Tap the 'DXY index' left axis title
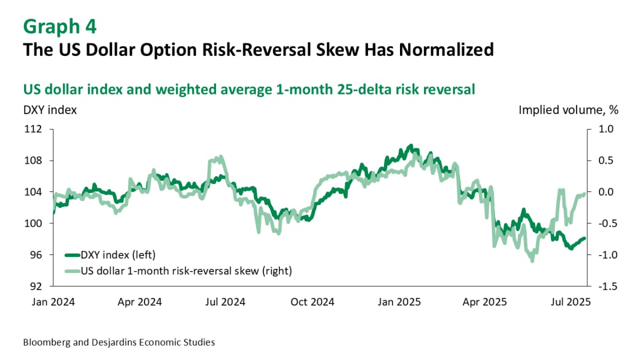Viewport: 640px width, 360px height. click(x=50, y=110)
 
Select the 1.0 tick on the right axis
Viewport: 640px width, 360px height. click(x=607, y=129)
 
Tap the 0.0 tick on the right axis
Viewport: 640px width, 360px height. click(x=607, y=192)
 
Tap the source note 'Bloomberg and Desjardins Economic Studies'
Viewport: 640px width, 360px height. click(x=119, y=342)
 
